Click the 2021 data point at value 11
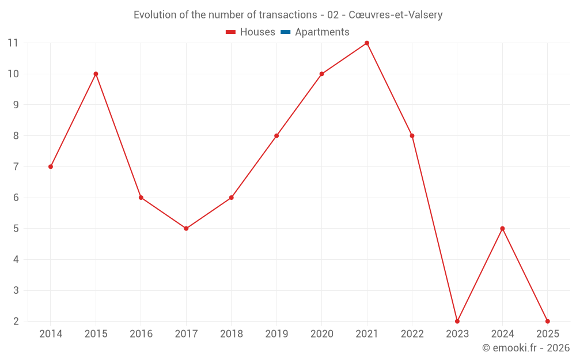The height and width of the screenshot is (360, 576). [x=367, y=43]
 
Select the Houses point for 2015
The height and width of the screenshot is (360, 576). [x=96, y=74]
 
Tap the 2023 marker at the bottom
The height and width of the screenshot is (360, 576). [x=457, y=321]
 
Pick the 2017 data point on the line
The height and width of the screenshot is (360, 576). [x=186, y=229]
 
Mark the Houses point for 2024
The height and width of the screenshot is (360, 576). [x=502, y=229]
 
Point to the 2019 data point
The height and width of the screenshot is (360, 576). [x=276, y=136]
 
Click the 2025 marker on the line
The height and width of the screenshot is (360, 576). [x=547, y=321]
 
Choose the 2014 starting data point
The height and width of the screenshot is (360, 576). [x=51, y=166]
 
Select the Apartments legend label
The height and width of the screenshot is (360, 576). [x=322, y=32]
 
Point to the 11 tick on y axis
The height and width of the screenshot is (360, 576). [x=13, y=43]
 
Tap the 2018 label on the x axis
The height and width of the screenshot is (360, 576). [x=231, y=334]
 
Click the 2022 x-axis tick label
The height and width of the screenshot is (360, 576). [x=412, y=334]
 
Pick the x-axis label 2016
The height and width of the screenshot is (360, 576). [x=141, y=334]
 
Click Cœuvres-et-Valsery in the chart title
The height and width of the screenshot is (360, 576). [x=396, y=15]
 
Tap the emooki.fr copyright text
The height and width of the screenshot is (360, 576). [x=526, y=348]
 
